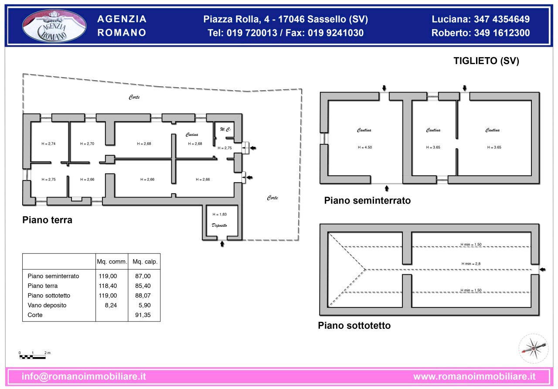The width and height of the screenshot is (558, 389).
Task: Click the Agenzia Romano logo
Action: tap(54, 26)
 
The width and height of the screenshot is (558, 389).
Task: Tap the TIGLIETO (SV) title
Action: tap(486, 61)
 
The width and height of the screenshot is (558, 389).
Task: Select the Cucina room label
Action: tap(192, 134)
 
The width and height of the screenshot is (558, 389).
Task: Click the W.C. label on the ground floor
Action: tap(225, 130)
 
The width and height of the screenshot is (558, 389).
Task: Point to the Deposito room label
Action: tap(219, 225)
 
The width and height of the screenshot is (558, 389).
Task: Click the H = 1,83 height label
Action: tap(219, 214)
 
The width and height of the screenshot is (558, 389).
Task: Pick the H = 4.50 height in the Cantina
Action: tap(364, 147)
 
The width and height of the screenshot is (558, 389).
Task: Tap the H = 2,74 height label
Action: tap(48, 143)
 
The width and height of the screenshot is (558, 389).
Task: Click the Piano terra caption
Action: tap(47, 220)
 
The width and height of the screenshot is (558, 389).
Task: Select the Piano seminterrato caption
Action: tap(367, 201)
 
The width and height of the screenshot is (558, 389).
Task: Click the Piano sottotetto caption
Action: tap(354, 326)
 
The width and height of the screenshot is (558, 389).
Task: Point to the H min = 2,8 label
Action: tap(471, 264)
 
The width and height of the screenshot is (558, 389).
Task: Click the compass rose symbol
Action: tap(533, 348)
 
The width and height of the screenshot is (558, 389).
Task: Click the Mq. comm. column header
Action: tap(112, 262)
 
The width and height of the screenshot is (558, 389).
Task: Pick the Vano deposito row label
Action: tap(47, 305)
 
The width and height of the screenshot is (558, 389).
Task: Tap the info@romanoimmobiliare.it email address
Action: tap(84, 376)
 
